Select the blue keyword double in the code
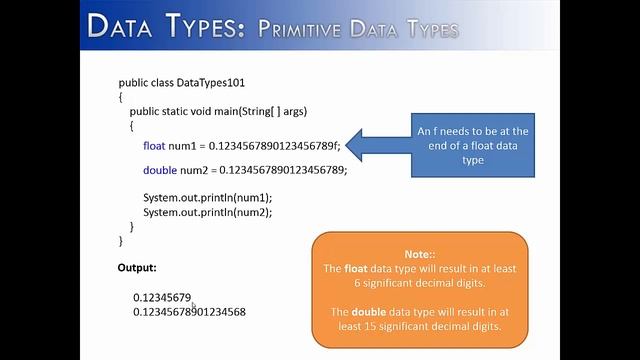point(160,170)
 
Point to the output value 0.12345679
point(161,298)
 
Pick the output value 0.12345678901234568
point(189,312)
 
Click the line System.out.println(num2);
point(207,212)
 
